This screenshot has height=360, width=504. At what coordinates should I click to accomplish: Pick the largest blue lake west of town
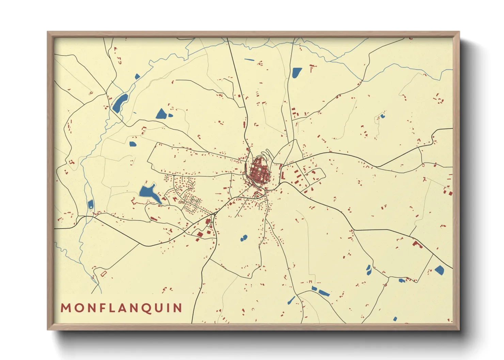148,193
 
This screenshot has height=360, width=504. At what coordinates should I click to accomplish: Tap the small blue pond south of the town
243,238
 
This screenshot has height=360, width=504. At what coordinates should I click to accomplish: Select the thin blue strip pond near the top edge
249,60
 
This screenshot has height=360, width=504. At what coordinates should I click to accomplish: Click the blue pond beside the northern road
297,72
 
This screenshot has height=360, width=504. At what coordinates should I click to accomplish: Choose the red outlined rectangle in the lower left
104,273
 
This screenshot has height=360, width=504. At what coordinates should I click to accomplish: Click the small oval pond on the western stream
91,204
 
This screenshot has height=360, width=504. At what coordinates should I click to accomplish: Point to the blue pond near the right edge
439,270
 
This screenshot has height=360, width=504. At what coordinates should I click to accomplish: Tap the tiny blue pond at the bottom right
395,319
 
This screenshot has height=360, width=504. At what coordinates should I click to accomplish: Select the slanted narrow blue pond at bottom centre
292,300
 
